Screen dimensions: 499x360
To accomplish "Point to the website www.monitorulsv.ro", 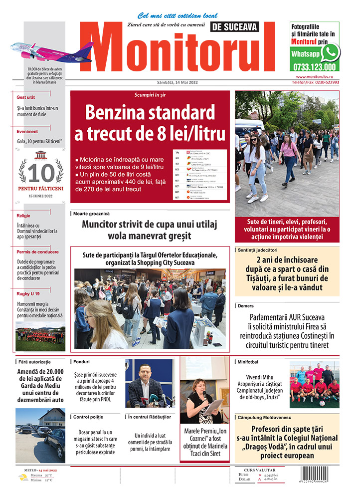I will pos(318,76).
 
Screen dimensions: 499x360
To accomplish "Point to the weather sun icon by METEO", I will pos(23,478).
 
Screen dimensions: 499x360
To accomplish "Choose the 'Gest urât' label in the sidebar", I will pos(25,97).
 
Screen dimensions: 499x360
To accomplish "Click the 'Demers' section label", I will pos(246,305).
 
